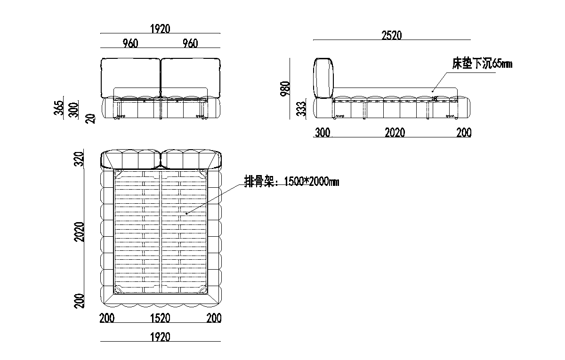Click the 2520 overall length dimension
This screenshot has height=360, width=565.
pos(392,35)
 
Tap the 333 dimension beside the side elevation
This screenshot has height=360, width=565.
pos(304,108)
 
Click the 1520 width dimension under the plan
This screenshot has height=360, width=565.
pos(160,319)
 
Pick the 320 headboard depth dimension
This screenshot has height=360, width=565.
pos(80,159)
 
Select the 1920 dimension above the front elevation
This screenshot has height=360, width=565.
pos(160,29)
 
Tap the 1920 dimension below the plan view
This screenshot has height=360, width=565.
pos(160,337)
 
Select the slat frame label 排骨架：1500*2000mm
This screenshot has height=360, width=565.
pos(291,181)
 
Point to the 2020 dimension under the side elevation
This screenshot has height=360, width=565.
pos(395,133)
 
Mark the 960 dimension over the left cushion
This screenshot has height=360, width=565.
pos(130,44)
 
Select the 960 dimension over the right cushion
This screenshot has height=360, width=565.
pos(190,44)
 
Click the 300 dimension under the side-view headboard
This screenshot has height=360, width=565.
pos(323,133)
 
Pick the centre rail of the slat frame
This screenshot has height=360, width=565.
pos(161,231)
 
